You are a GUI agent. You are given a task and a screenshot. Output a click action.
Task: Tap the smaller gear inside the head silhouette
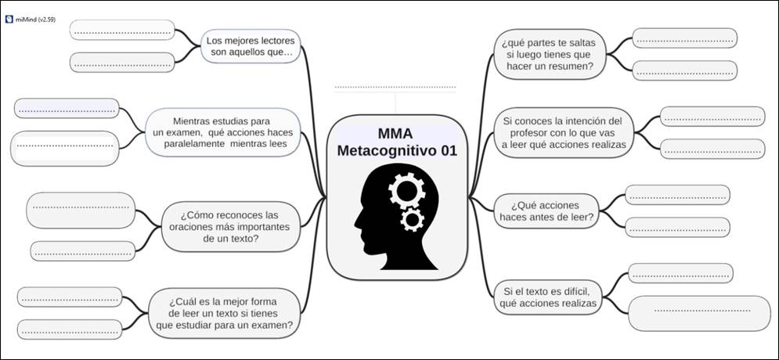click(411, 218)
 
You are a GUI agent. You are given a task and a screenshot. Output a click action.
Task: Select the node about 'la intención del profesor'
click(563, 133)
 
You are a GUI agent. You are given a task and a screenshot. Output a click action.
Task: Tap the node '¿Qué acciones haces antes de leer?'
click(546, 210)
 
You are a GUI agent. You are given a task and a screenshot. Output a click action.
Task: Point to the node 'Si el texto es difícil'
click(547, 297)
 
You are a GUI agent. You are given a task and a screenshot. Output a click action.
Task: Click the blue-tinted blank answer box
click(67, 110)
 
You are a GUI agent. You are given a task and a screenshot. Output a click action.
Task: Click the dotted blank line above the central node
click(395, 87)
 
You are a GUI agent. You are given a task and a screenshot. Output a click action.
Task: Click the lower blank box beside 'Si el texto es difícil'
click(699, 311)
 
